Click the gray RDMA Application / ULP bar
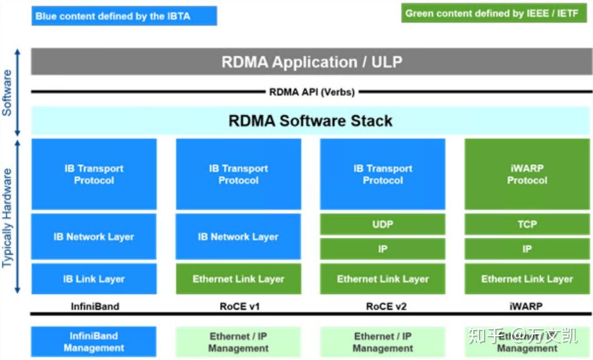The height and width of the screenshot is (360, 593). coord(312,61)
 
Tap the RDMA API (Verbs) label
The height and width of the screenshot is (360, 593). coord(312,92)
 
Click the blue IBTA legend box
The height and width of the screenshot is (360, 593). coord(124,16)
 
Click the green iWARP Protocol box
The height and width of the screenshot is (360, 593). coord(527,174)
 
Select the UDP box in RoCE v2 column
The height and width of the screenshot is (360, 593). coord(382,224)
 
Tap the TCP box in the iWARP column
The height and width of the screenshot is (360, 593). coord(527,224)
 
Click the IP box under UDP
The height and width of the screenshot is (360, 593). coord(382,249)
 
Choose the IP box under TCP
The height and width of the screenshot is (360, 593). coord(527,249)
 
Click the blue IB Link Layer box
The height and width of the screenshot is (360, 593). coord(94,279)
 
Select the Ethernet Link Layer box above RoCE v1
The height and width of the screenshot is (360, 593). coord(238,279)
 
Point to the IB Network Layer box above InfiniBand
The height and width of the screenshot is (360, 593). coord(94,236)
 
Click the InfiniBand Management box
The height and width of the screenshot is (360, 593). coord(94,342)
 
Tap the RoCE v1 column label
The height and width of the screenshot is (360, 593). coord(238,307)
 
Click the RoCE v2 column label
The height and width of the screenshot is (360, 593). coord(382,307)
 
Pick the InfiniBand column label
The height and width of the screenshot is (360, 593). coord(94,307)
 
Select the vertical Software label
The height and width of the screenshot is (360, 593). coord(8,93)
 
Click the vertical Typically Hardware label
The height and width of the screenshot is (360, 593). coord(8,217)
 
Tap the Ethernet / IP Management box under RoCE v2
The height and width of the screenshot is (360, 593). coord(382,342)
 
